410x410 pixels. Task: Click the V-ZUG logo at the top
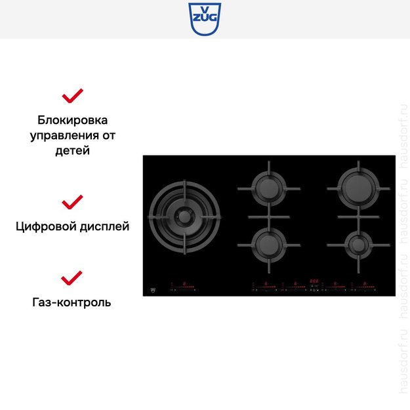(205, 19)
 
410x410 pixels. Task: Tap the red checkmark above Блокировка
(72, 96)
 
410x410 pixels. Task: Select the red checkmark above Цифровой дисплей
(72, 201)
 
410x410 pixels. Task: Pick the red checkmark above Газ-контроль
(72, 277)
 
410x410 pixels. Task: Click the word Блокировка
(72, 121)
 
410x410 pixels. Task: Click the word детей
(72, 150)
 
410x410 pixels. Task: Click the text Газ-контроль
(72, 302)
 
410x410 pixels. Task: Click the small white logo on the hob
(154, 288)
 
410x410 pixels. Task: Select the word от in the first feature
(109, 136)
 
